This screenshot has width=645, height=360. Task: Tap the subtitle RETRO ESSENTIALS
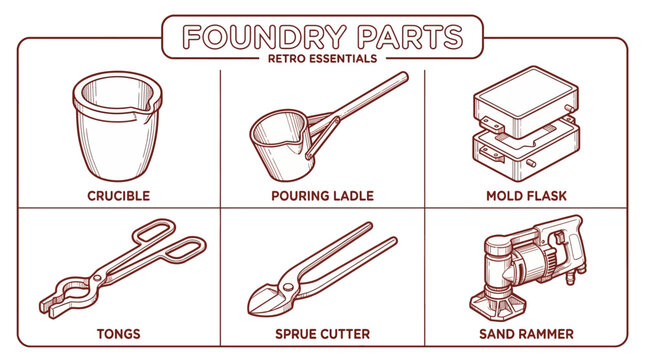click(322, 58)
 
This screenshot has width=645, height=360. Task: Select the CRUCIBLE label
click(118, 195)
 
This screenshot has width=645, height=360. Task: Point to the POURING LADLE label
click(322, 195)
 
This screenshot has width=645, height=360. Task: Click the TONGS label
click(118, 333)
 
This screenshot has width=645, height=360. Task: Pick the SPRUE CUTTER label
click(322, 333)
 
